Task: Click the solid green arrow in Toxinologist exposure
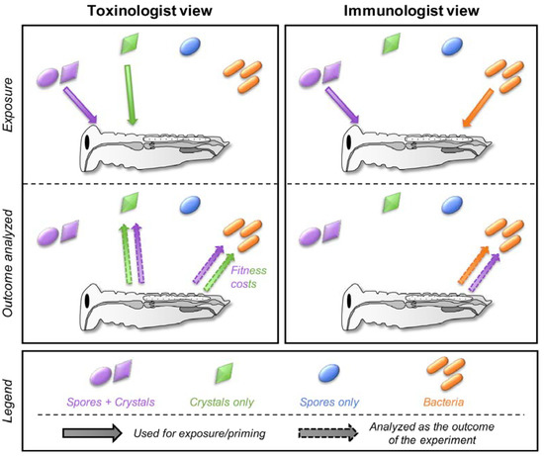point(130,95)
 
